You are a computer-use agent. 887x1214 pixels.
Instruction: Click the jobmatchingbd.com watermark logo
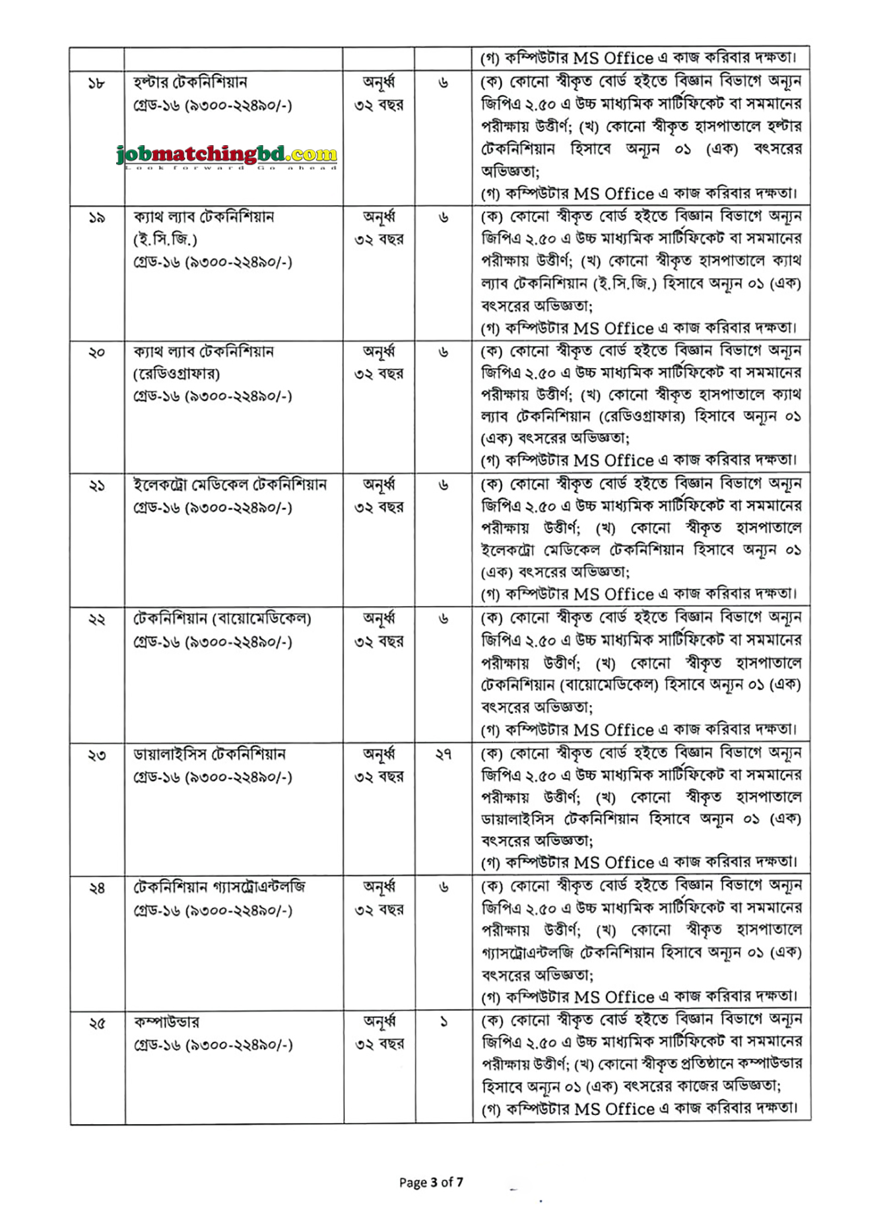coord(227,156)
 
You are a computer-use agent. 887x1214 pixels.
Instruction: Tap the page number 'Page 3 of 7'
coord(431,1182)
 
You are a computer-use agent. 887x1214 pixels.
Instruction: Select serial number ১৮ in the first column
coord(96,83)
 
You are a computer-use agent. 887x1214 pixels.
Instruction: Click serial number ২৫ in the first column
coord(97,1023)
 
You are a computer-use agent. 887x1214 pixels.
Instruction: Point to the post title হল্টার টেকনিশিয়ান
coord(190,82)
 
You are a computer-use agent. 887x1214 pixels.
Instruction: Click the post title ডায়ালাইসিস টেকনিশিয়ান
coord(209,754)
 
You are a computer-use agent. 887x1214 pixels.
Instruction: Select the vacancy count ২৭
coord(443,754)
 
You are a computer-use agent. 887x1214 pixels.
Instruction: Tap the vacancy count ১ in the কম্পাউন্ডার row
coord(443,1022)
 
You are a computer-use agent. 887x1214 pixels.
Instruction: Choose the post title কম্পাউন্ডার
coord(166,1022)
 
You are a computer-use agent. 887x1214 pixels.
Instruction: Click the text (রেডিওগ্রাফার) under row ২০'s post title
coord(177,374)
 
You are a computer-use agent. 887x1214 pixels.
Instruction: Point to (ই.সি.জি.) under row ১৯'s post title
coord(165,240)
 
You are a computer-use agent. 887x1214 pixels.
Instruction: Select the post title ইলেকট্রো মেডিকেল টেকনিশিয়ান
coord(230,485)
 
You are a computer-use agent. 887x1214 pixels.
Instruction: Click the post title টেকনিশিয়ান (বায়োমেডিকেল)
coord(222,619)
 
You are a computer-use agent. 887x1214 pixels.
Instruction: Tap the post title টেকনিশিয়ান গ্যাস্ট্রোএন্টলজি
coord(220,887)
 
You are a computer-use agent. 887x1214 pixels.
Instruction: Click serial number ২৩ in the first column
coord(97,755)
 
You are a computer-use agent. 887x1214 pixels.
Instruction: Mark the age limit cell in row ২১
coord(379,496)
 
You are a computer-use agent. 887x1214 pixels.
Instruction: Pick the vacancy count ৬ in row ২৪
coord(443,888)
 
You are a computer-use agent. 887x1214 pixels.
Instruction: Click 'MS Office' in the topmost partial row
coord(613,58)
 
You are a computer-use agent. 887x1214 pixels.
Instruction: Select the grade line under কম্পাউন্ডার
coord(213,1045)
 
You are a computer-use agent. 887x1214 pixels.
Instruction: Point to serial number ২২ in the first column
coord(97,620)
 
